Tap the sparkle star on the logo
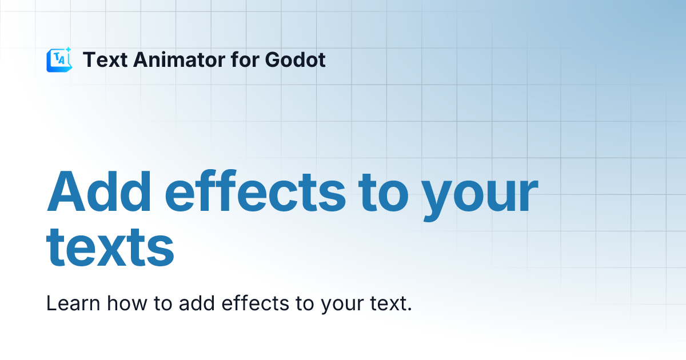tap(68, 50)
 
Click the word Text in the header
tap(104, 59)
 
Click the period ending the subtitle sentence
tap(409, 310)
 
